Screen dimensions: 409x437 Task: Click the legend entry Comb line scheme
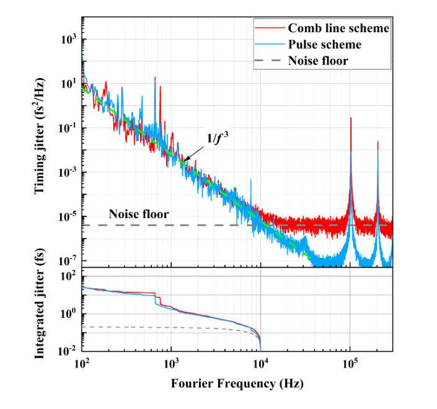tap(338, 29)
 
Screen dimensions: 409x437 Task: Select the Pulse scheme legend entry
tap(324, 45)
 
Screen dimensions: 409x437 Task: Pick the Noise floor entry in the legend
tap(317, 61)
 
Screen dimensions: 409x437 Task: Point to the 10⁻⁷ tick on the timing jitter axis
tap(67, 260)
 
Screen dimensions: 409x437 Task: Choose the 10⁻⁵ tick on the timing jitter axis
tap(67, 216)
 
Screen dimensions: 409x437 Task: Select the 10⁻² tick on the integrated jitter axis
tap(67, 351)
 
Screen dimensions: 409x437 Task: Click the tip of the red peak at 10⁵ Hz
tap(351, 118)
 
